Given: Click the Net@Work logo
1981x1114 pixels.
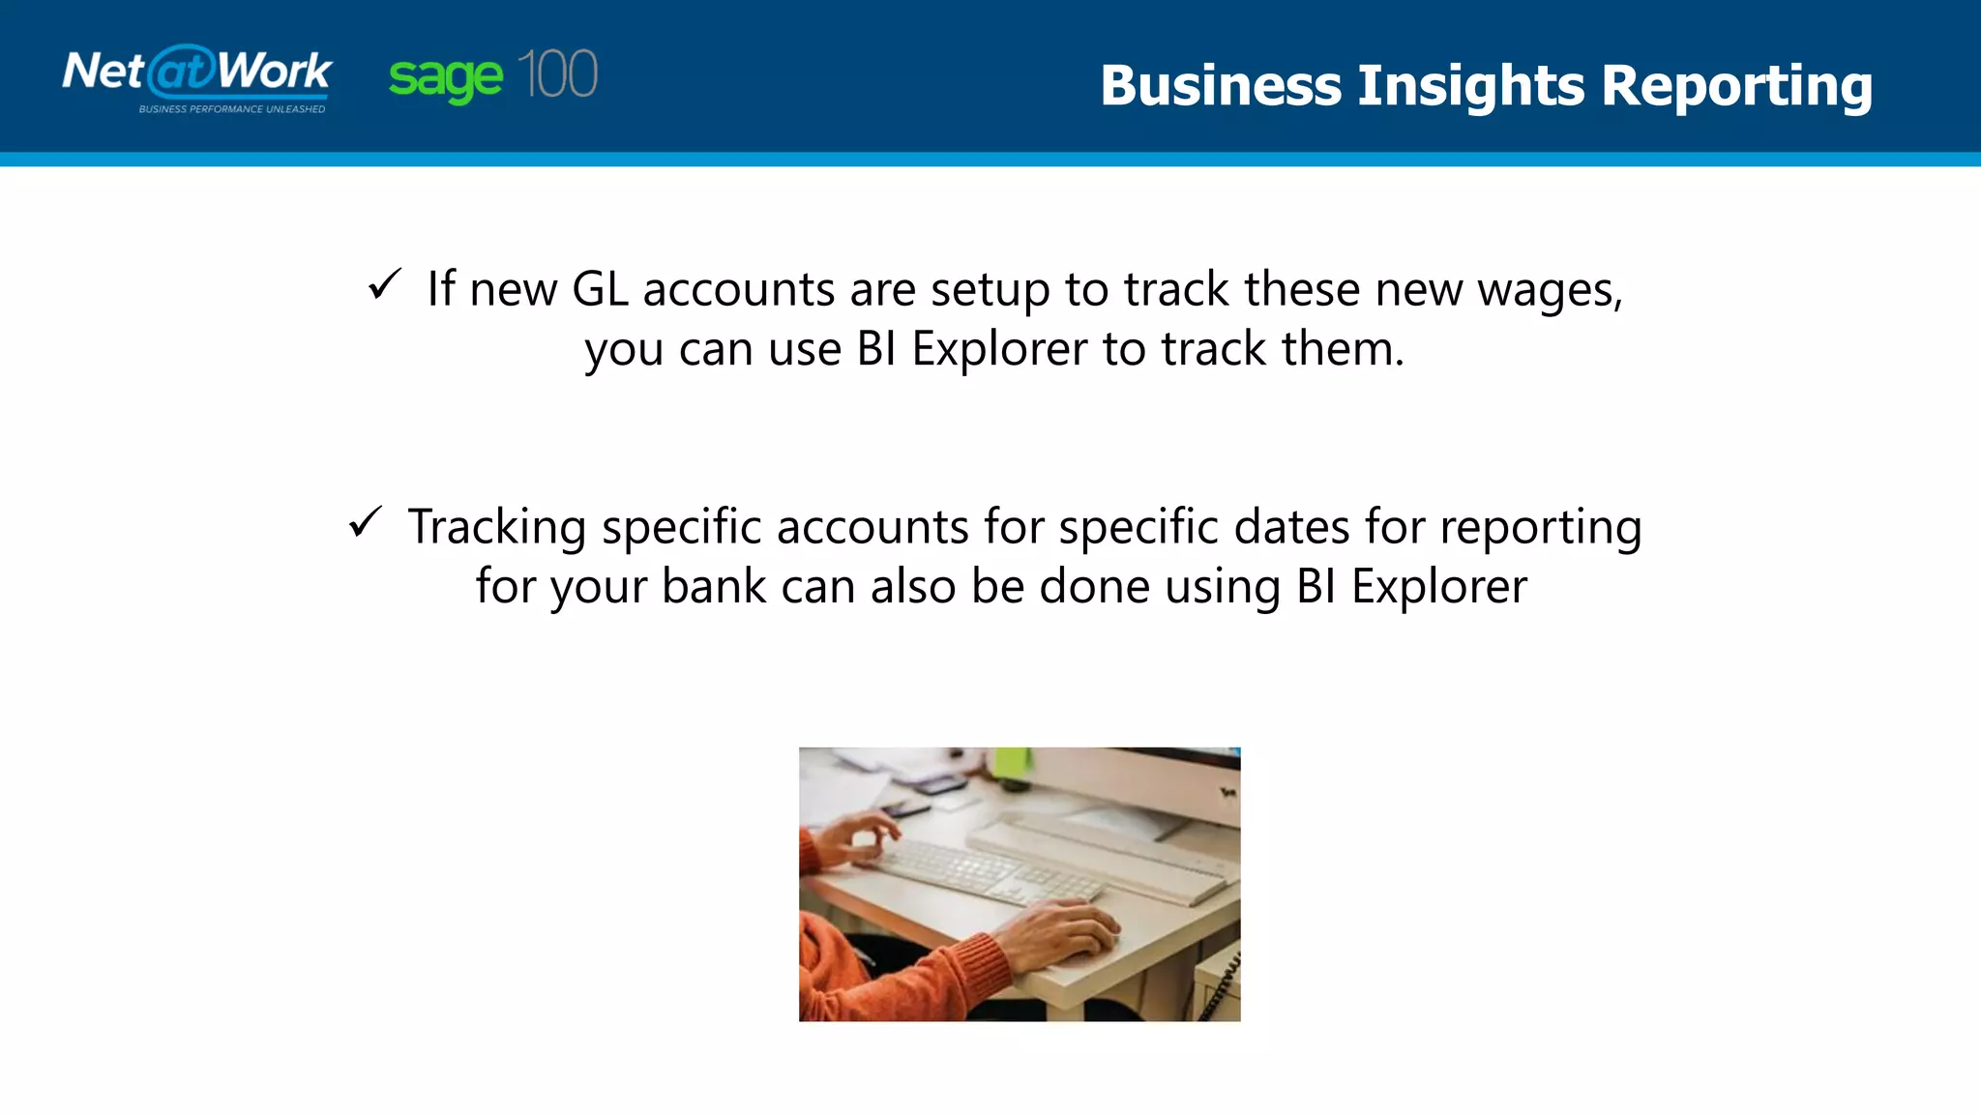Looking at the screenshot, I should tap(197, 73).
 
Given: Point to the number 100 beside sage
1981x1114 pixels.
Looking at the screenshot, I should tap(557, 74).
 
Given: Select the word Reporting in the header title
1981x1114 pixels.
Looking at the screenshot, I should tap(1736, 86).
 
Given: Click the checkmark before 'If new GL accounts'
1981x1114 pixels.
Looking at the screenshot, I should tap(384, 284).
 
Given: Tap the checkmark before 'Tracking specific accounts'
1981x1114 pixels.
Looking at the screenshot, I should tap(366, 522).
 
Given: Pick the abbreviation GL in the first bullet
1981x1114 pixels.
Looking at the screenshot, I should tap(600, 289).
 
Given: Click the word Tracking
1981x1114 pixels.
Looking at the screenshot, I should tap(496, 528).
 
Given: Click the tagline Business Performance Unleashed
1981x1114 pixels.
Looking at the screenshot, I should tap(232, 109).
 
